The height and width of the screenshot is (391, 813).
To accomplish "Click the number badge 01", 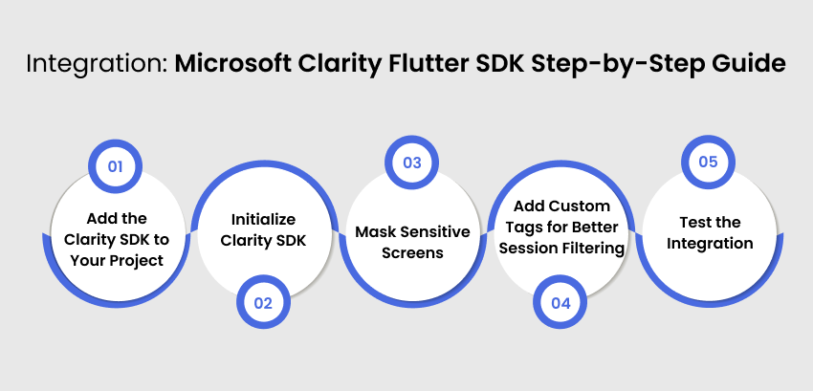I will click(115, 165).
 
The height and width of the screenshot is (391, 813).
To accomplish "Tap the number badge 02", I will click(263, 303).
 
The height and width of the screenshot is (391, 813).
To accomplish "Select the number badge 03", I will click(411, 163).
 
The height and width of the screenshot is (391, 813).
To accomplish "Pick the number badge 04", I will click(560, 303).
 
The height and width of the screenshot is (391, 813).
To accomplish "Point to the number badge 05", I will click(708, 163).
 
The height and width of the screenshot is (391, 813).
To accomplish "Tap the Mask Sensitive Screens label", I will click(412, 243).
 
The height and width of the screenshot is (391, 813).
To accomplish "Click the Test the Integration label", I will click(710, 232).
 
